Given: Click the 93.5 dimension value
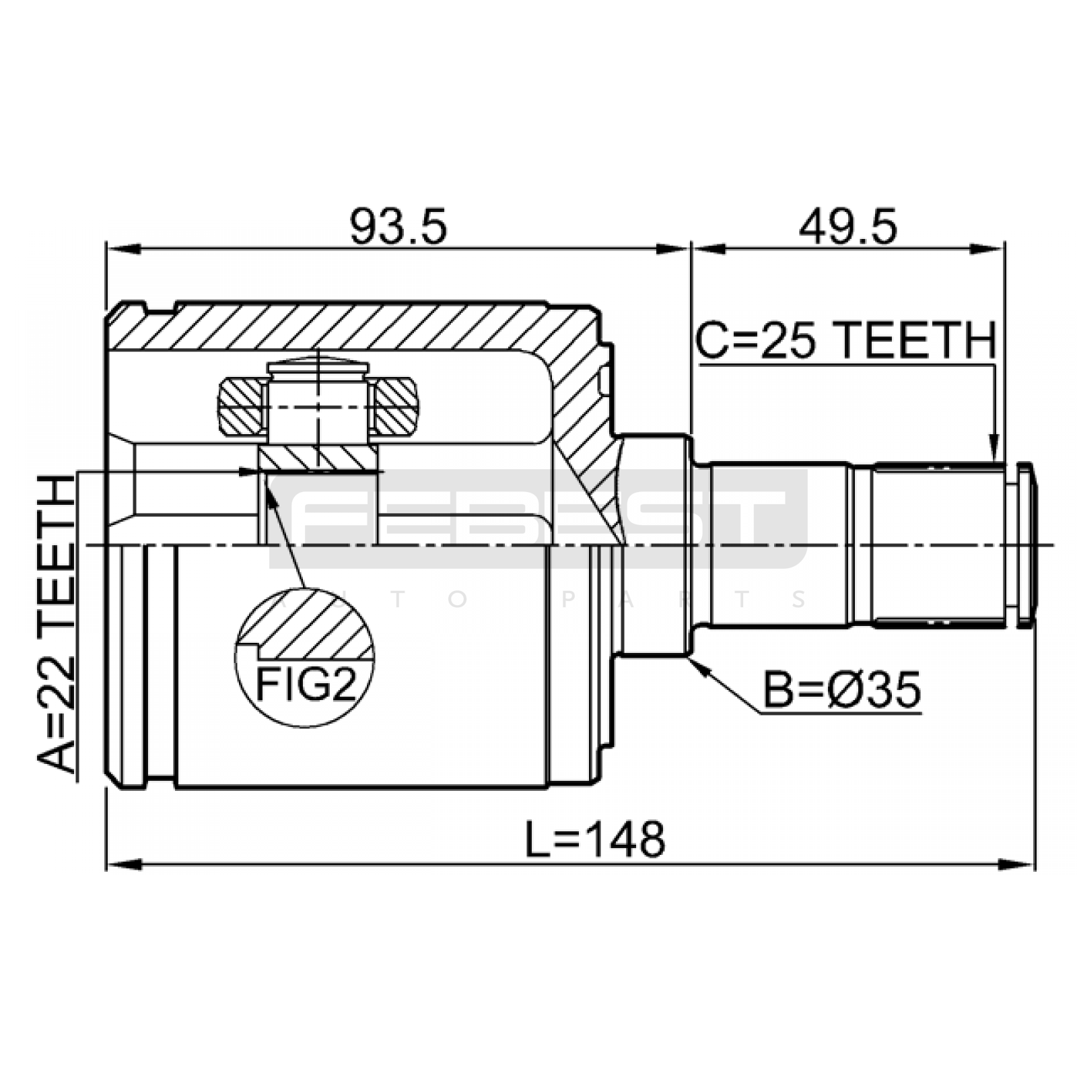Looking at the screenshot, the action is (x=398, y=227).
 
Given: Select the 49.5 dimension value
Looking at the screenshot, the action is (x=847, y=227).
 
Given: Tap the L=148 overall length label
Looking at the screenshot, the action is (x=595, y=839).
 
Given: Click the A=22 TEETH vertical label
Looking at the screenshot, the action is (x=55, y=625).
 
